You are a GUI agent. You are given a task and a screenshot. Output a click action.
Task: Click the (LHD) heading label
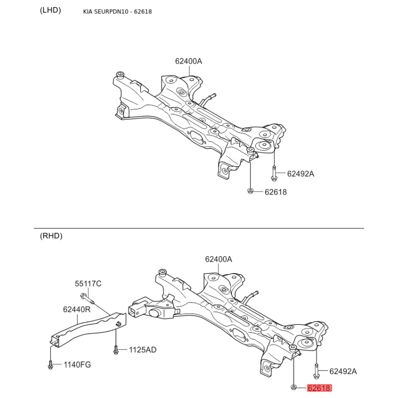[50, 10]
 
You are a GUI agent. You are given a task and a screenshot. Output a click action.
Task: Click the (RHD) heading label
[51, 236]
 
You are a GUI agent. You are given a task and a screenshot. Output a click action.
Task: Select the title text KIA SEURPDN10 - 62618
[117, 11]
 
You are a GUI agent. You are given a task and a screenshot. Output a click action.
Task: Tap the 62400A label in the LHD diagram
[189, 61]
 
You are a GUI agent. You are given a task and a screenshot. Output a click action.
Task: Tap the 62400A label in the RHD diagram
[218, 259]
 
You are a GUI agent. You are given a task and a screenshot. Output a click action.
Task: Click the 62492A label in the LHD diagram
[300, 174]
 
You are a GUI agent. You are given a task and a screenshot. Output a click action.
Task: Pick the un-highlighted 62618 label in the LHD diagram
[276, 192]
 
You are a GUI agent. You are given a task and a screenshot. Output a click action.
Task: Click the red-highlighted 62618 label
[319, 388]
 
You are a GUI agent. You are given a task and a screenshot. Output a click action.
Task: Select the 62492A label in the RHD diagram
[343, 371]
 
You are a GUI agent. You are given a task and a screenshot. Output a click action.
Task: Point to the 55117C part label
[88, 284]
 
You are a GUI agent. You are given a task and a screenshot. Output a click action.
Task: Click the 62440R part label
[77, 309]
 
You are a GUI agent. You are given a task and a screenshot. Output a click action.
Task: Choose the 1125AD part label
[143, 350]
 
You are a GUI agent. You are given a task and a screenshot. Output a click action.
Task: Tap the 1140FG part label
[77, 365]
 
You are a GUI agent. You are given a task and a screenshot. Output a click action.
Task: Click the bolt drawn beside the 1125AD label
[116, 350]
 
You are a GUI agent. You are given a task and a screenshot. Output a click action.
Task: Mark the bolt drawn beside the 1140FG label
[50, 365]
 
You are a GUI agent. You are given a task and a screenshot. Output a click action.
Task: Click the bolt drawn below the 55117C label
[88, 298]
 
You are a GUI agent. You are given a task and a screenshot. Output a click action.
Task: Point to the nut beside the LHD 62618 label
[250, 191]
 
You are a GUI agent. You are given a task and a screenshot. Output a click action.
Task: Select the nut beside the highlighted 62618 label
[294, 387]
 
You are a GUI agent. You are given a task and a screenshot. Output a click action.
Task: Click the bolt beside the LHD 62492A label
[274, 173]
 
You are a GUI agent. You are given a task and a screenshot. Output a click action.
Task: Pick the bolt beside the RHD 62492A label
[316, 371]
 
